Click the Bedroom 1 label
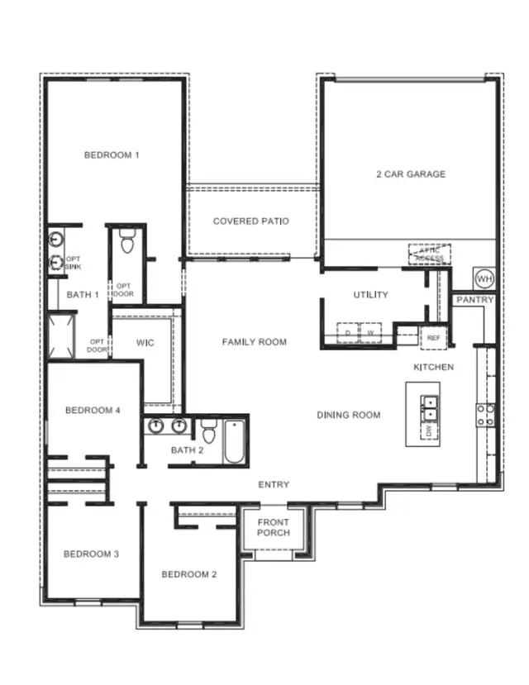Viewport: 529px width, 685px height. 112,155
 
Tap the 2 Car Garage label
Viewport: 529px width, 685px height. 411,174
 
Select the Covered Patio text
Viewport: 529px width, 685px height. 250,221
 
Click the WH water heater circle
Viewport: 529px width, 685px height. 484,277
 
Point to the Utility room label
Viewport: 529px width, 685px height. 370,295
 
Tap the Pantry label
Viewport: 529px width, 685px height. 475,300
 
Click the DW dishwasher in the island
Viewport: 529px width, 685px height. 430,431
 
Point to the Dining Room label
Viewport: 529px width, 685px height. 349,415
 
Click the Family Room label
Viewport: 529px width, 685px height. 254,342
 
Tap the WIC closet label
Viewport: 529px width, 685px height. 145,342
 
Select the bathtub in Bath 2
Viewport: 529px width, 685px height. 233,442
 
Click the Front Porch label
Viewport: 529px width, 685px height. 274,527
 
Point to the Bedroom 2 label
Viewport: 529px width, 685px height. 189,574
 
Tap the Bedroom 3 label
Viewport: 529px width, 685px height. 91,554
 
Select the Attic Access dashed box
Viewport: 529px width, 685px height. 430,254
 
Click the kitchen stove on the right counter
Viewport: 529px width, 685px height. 485,414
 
